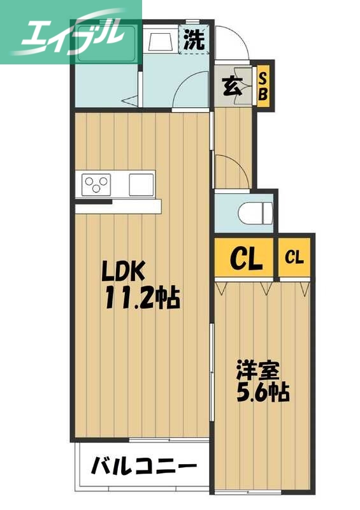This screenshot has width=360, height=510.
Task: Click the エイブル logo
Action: point(70,32)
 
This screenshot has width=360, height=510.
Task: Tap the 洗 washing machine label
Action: point(194,40)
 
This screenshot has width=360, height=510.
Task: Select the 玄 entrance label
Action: point(232,87)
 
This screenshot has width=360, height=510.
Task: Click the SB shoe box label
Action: point(263,86)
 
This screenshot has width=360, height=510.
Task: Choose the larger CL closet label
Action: point(246,258)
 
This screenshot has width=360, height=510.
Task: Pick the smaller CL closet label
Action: point(294,258)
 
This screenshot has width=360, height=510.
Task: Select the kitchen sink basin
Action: point(141,185)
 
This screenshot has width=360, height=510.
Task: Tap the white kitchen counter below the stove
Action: point(118,207)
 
